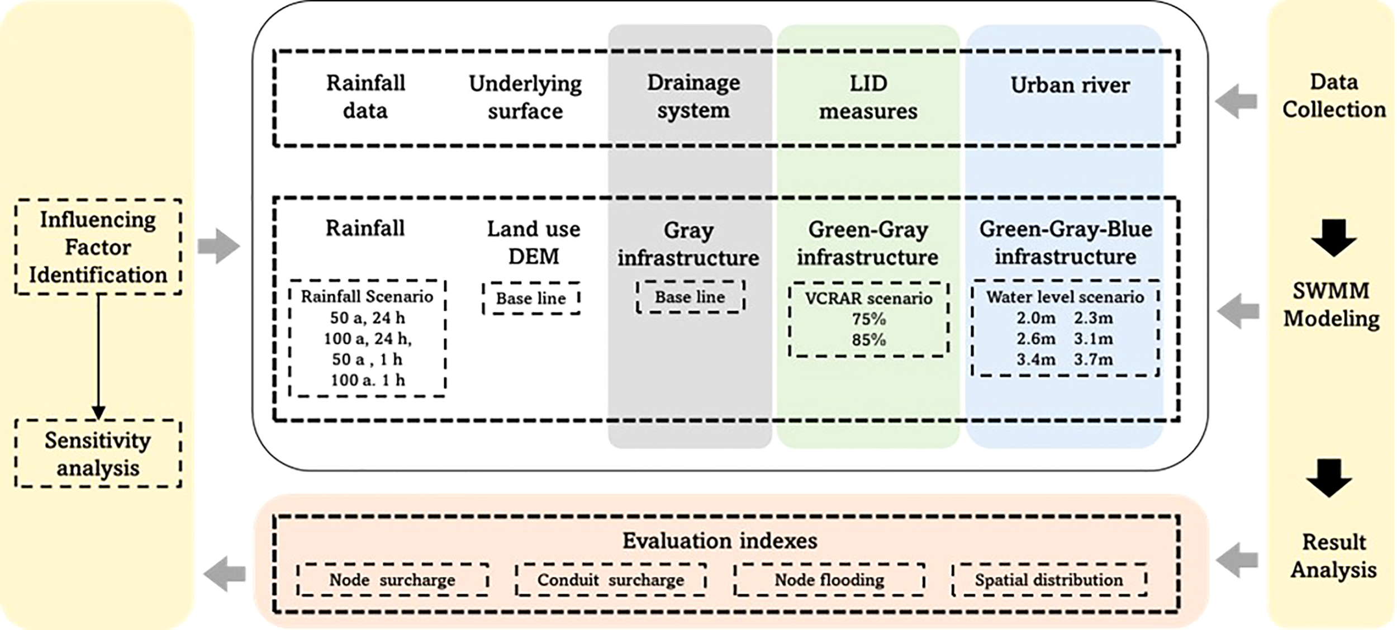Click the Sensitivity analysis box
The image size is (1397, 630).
[98, 454]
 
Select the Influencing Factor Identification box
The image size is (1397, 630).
[98, 247]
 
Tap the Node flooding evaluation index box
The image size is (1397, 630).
[829, 580]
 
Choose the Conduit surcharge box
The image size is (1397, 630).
[610, 580]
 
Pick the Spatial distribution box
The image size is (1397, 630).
[1048, 580]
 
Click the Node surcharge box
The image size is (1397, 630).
[392, 580]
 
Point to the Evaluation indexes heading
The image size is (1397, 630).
[720, 541]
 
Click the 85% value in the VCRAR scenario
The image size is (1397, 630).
[868, 340]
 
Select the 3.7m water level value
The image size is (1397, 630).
[1093, 359]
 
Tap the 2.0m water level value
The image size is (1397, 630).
[1035, 318]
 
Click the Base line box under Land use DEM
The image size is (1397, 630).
[531, 299]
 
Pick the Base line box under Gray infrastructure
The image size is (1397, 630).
[690, 297]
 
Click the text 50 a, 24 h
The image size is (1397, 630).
[367, 318]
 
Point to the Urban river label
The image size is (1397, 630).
[1070, 86]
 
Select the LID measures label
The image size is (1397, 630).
[868, 97]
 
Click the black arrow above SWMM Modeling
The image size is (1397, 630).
[1333, 238]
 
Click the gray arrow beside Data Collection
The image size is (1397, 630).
[1236, 102]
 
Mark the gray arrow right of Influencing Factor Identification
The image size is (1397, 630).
[218, 247]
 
